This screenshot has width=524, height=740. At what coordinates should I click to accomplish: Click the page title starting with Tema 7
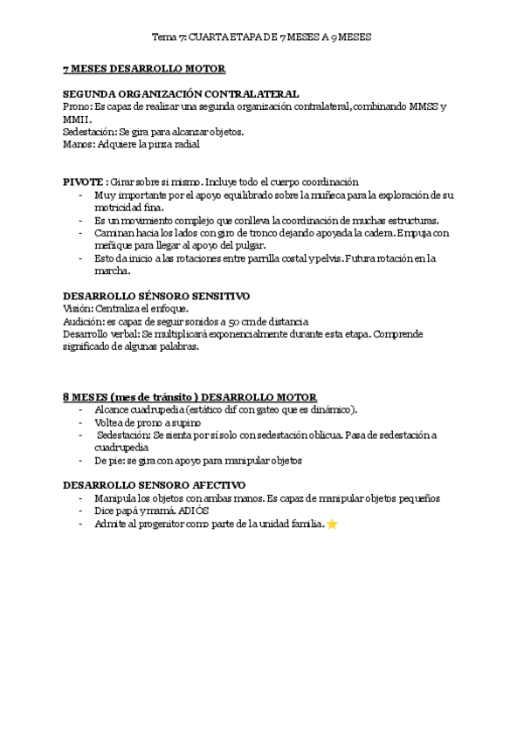tap(262, 38)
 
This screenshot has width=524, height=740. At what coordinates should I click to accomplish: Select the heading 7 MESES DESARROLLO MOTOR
tap(144, 69)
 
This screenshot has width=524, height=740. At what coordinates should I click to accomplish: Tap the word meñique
tap(114, 245)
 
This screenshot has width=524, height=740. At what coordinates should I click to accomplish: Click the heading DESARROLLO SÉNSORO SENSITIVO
tap(156, 296)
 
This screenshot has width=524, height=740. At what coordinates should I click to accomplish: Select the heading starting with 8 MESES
tap(190, 396)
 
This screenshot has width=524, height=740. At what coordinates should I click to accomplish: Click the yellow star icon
tap(333, 524)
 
